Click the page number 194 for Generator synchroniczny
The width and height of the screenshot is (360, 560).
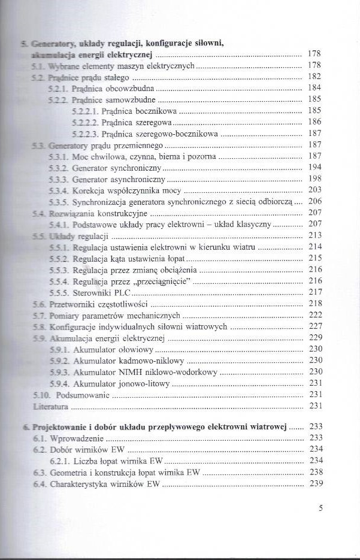[x=315, y=167]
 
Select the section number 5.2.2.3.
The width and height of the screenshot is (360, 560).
[x=84, y=134]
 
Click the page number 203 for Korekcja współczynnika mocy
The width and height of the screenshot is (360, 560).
[x=315, y=189]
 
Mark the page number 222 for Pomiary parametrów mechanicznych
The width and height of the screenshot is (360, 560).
[x=315, y=315]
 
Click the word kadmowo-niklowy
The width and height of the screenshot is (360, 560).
[x=153, y=361]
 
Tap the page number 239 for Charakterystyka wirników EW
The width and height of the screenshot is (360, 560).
[x=315, y=484]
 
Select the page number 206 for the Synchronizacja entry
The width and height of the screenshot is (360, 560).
[x=315, y=201]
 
